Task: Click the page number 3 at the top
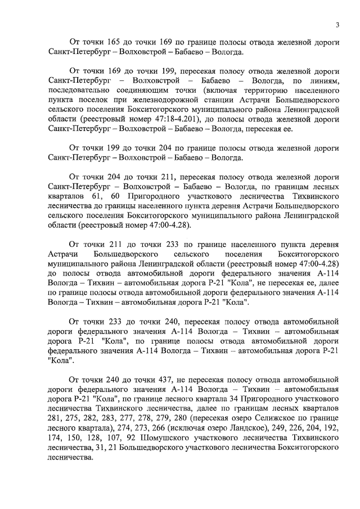(337, 24)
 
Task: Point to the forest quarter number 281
(56, 418)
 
